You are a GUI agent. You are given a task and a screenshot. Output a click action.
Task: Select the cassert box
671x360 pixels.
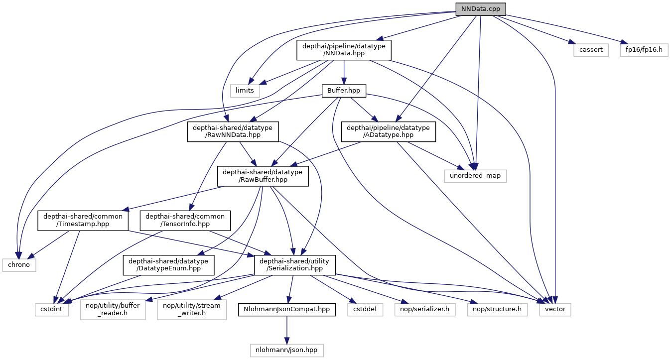tap(590, 50)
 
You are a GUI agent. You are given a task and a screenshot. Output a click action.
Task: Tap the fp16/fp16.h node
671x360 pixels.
tap(644, 50)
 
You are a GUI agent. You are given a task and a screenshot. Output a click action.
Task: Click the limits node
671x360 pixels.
tap(245, 90)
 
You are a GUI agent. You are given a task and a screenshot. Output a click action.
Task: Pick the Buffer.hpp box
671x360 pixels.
tap(344, 91)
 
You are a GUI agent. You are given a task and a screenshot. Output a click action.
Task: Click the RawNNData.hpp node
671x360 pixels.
tap(233, 132)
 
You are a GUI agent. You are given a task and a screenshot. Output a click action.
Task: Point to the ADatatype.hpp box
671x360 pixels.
tap(389, 132)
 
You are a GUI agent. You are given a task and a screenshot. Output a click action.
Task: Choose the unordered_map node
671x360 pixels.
tap(475, 175)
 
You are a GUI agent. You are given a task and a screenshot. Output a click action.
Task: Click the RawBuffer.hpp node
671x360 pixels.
tap(263, 176)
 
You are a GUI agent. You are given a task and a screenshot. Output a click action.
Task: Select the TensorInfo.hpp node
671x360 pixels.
tap(185, 220)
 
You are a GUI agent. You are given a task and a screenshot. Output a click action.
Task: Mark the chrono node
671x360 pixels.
tap(18, 264)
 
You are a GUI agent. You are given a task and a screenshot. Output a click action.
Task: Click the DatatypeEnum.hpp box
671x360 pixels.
tap(169, 265)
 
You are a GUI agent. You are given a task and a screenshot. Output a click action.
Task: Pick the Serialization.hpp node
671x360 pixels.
tap(294, 265)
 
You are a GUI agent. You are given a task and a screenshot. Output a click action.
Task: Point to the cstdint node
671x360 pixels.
tap(48, 309)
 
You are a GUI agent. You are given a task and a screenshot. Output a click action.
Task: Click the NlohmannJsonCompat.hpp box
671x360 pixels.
tap(286, 309)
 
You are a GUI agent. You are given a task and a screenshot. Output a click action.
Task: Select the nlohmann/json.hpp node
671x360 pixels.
tap(286, 350)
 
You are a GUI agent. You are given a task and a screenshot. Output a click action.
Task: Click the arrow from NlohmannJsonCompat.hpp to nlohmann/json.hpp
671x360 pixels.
tap(286, 329)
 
